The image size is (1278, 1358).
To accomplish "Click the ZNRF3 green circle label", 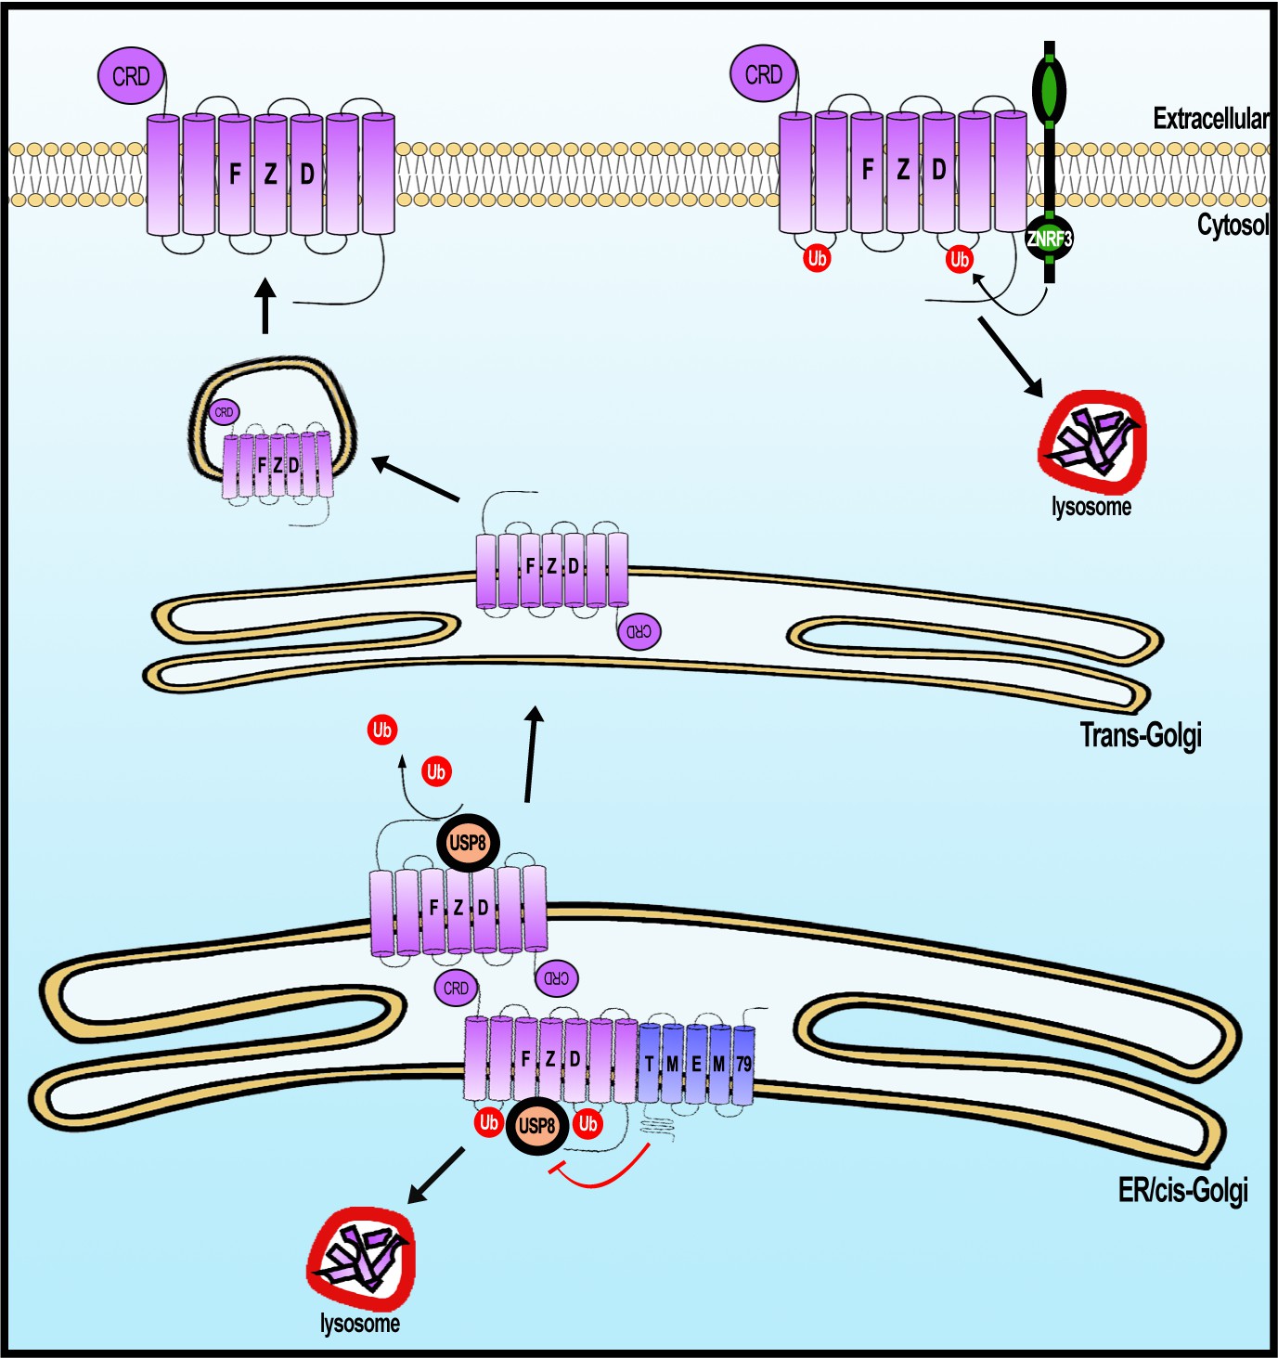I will (x=1049, y=239).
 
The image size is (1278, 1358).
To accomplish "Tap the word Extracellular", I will (x=1210, y=119).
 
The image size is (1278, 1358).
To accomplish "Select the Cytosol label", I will (x=1232, y=225).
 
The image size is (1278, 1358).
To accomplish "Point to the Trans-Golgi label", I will (x=1141, y=735).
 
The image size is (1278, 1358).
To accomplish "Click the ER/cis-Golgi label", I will (x=1182, y=1189).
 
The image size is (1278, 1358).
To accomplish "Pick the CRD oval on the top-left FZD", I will (x=131, y=76).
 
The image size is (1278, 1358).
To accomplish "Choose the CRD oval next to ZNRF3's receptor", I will (x=763, y=74).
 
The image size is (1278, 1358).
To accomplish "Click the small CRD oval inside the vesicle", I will (x=224, y=412).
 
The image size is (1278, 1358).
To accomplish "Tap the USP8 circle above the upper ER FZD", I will (x=468, y=844).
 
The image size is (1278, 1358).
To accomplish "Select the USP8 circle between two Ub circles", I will (x=537, y=1126).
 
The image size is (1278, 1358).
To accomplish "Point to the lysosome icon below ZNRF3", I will (x=1092, y=442).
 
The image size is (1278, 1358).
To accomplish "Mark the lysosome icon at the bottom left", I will (x=361, y=1259).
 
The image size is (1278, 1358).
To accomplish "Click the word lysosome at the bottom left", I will (x=360, y=1324).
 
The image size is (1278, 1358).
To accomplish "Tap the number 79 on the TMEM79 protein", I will (x=743, y=1064).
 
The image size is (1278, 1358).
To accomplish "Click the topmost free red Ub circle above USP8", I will (x=381, y=730).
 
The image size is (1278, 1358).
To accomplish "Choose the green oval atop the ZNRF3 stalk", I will (x=1050, y=91).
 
